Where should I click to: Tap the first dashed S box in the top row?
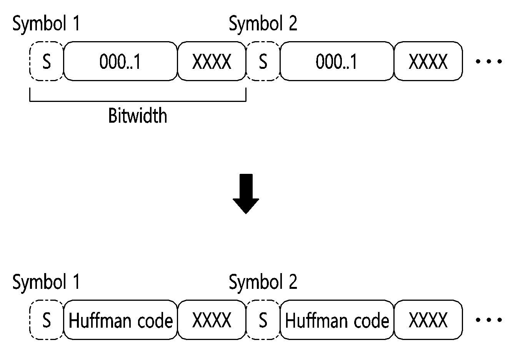pos(47,61)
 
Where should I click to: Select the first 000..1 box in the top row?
pos(120,61)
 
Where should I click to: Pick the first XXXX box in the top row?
pos(212,61)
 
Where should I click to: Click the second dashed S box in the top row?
pos(263,61)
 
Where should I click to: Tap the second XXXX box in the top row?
pos(428,61)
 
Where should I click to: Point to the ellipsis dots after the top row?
pos(489,62)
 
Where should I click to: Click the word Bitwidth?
pos(138,115)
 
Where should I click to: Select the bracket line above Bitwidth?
pos(138,101)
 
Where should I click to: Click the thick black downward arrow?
pos(246,194)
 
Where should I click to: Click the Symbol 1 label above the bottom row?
pos(46,283)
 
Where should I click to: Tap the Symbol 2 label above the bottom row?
pos(263,283)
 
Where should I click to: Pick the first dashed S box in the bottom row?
pos(47,320)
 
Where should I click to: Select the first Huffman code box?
pos(120,320)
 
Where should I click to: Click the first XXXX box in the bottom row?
pos(212,320)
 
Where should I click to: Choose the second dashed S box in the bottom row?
pos(263,320)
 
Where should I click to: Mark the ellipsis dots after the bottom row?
pos(489,320)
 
